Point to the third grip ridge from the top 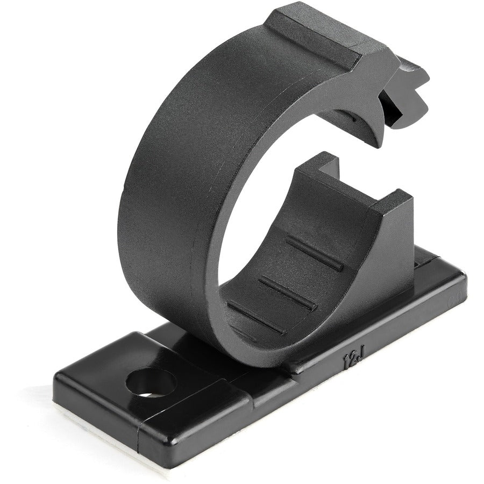pos(256,317)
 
